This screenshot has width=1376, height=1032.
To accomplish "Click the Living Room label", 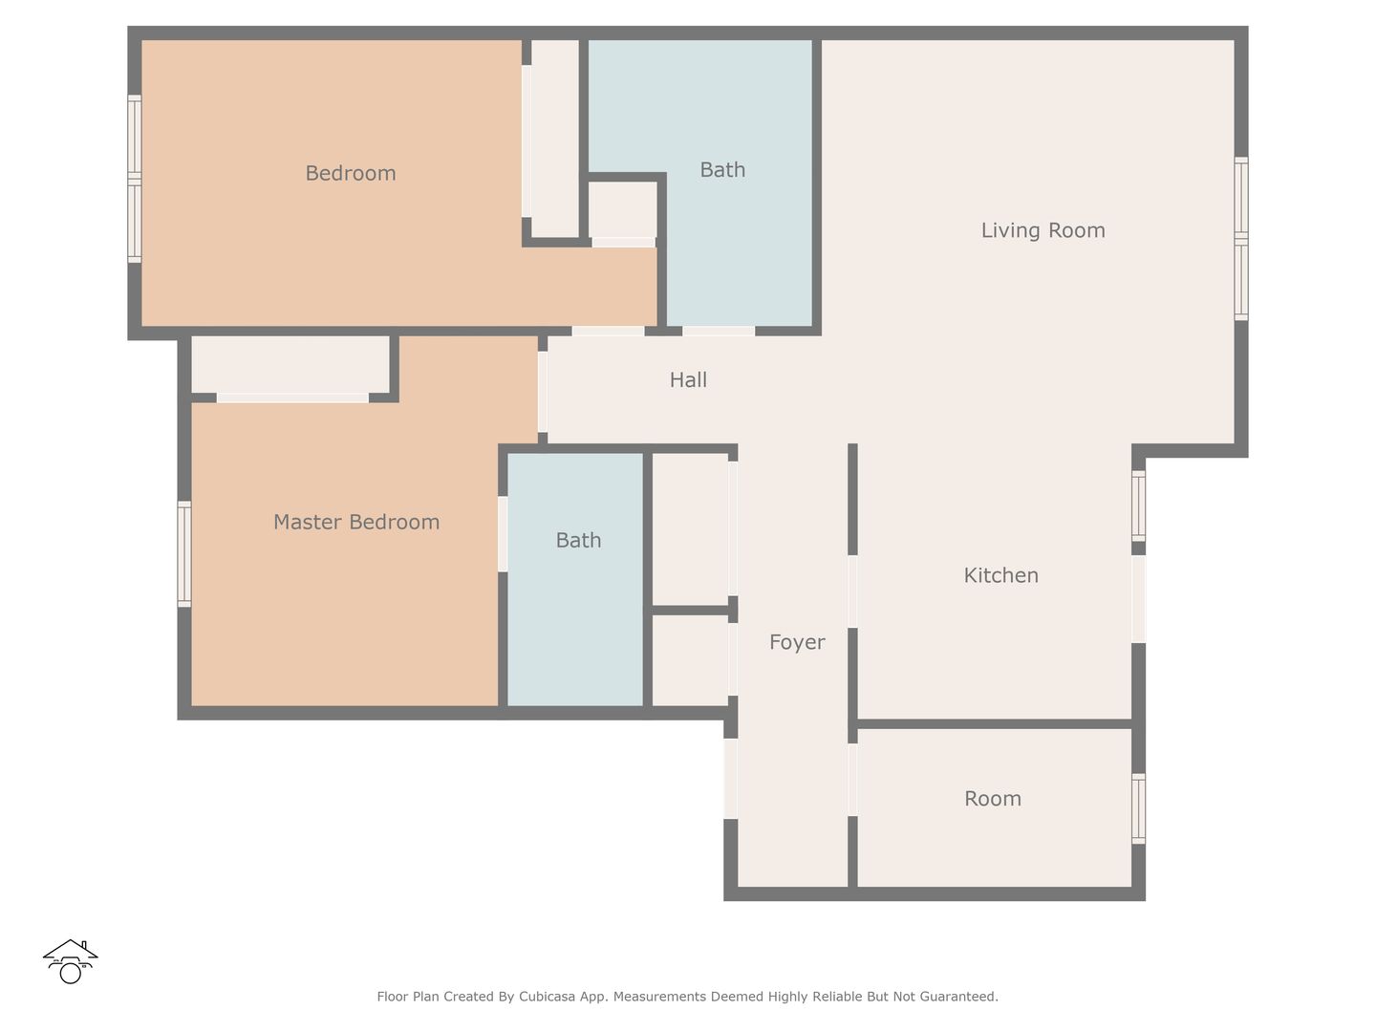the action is pyautogui.click(x=1043, y=230).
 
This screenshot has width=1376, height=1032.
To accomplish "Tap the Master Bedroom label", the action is pyautogui.click(x=356, y=522).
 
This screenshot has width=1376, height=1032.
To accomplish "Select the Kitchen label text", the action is pyautogui.click(x=1000, y=575).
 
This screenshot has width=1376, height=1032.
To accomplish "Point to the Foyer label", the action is pyautogui.click(x=797, y=642).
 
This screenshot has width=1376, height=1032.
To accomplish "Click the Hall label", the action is pyautogui.click(x=688, y=379).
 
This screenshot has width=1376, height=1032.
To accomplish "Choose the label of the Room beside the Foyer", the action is pyautogui.click(x=993, y=798).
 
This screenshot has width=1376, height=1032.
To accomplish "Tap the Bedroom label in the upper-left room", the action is pyautogui.click(x=351, y=173).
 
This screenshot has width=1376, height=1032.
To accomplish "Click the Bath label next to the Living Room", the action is pyautogui.click(x=722, y=170).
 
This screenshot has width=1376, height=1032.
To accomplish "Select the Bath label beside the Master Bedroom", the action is pyautogui.click(x=578, y=540).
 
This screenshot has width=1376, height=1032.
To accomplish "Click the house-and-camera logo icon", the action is pyautogui.click(x=70, y=961).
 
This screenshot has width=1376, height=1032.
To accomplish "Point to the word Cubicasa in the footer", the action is pyautogui.click(x=547, y=997).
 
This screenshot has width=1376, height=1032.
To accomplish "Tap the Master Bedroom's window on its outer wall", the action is pyautogui.click(x=184, y=554).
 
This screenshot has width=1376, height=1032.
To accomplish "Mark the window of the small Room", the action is pyautogui.click(x=1138, y=809).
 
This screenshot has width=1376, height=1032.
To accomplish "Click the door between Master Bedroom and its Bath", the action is pyautogui.click(x=503, y=534).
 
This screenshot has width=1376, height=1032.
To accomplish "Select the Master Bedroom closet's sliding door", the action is pyautogui.click(x=292, y=398).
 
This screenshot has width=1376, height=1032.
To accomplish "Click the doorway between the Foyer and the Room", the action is pyautogui.click(x=852, y=780).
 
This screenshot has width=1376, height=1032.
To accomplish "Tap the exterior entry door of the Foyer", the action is pyautogui.click(x=730, y=779).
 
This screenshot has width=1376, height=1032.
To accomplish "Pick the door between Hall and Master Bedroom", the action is pyautogui.click(x=543, y=392).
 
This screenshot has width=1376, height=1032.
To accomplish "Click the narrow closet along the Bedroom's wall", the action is pyautogui.click(x=555, y=139).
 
